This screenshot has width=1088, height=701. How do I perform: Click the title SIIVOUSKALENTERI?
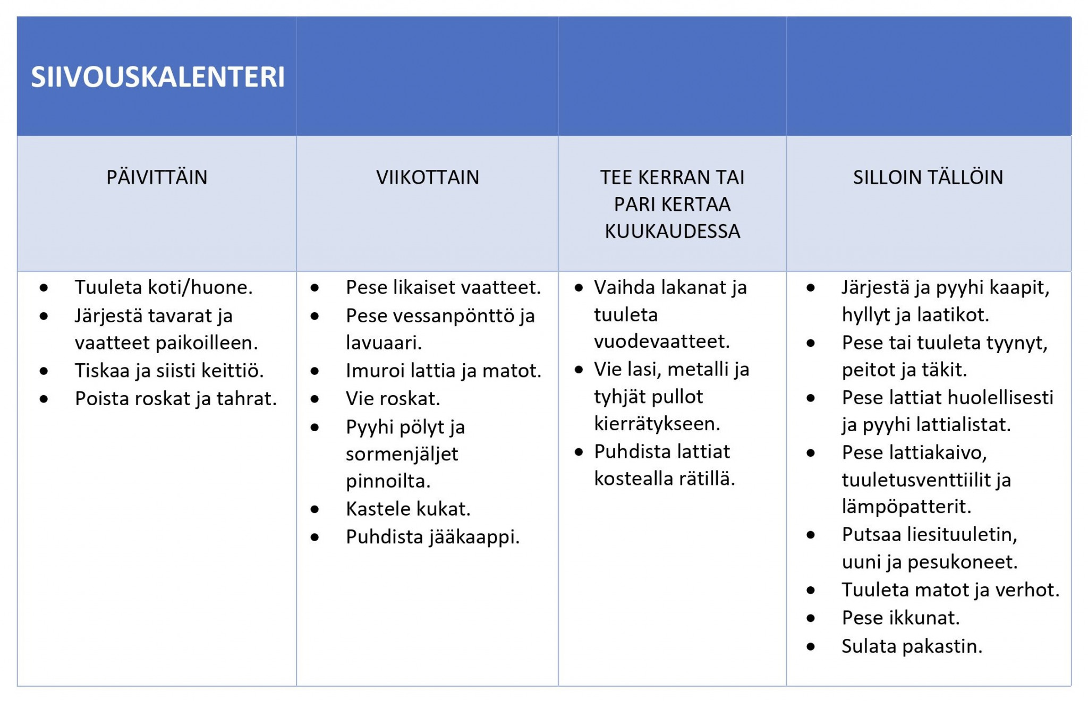click(158, 77)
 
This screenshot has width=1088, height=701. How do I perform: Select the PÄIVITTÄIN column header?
click(157, 177)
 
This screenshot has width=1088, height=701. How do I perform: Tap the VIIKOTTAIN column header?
click(428, 177)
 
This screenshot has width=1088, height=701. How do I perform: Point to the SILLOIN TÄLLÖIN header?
click(928, 177)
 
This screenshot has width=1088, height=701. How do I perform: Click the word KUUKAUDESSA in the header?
click(672, 232)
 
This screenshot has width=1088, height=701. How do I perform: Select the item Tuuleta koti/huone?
click(164, 287)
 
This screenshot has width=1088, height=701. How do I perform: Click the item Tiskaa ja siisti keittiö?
click(169, 371)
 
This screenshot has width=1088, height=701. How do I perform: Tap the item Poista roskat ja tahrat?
click(176, 399)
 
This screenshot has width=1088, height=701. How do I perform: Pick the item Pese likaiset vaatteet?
click(443, 287)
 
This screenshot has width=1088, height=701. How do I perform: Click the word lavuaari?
click(384, 343)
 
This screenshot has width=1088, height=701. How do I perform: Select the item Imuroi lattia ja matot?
click(443, 371)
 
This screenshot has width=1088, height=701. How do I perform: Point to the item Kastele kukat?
click(408, 509)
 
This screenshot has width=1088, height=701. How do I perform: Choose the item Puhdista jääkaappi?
click(432, 537)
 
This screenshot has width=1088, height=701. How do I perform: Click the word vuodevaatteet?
click(661, 341)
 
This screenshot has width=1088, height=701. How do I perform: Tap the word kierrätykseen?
click(657, 424)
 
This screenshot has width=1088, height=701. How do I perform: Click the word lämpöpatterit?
click(906, 507)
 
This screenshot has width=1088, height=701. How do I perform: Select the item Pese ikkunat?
click(900, 618)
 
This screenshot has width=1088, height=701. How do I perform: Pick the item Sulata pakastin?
click(912, 646)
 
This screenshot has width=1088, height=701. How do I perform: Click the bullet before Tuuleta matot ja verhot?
click(811, 590)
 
